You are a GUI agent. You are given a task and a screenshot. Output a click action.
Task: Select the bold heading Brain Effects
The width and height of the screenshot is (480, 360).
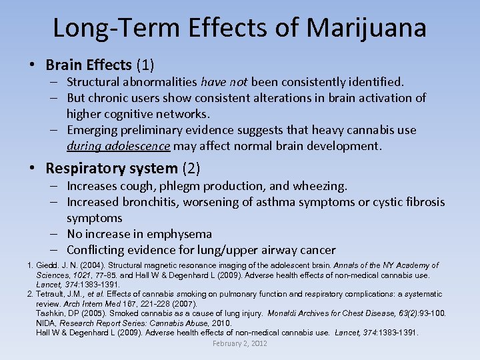pos(89,65)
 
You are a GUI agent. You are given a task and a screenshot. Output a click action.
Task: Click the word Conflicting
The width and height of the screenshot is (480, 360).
pos(97,250)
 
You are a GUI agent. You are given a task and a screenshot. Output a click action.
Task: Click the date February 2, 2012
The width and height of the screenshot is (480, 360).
pos(240,343)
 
